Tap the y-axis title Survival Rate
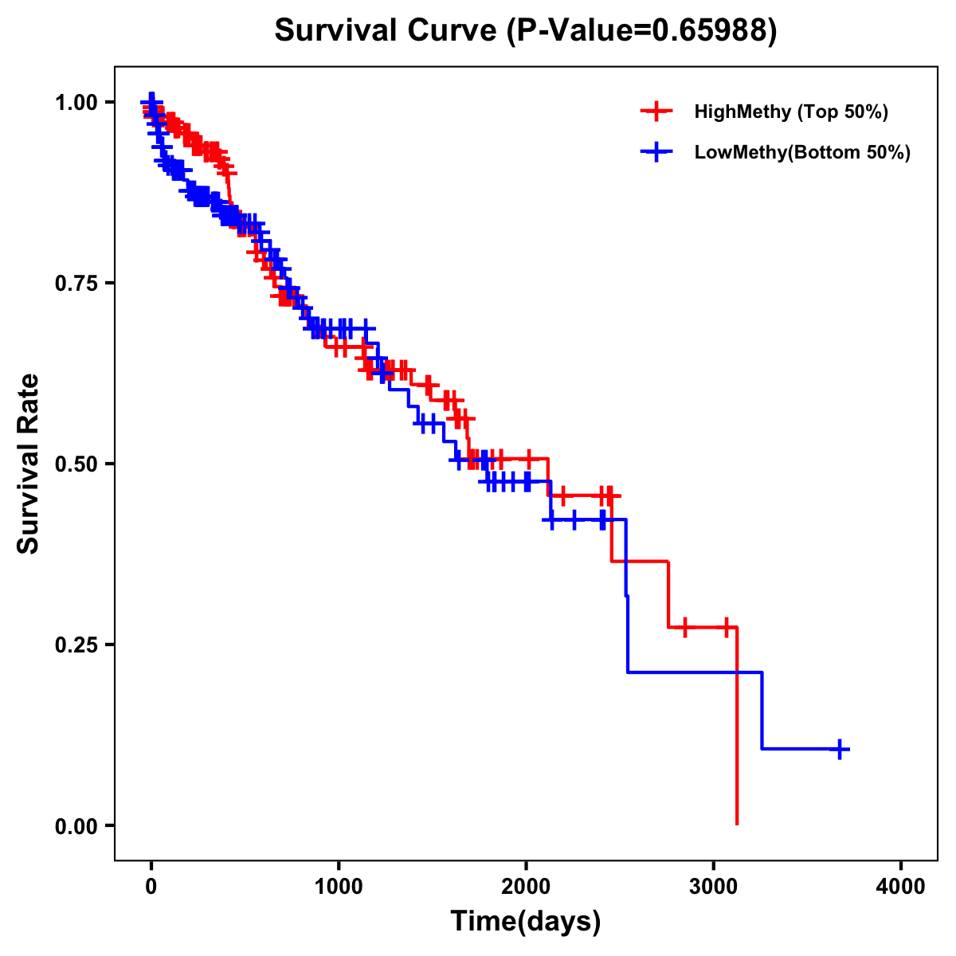pyautogui.click(x=29, y=463)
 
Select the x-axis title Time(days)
pyautogui.click(x=525, y=921)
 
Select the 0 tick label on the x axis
pyautogui.click(x=151, y=887)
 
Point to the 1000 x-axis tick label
pyautogui.click(x=339, y=887)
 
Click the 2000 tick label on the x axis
pyautogui.click(x=526, y=887)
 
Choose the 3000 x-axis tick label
pyautogui.click(x=714, y=887)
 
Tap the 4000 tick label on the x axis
pyautogui.click(x=901, y=887)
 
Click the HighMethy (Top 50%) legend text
pyautogui.click(x=790, y=112)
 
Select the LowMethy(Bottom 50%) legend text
pyautogui.click(x=802, y=152)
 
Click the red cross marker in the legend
pyautogui.click(x=656, y=112)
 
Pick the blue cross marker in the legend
pyautogui.click(x=656, y=152)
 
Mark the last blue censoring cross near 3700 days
pyautogui.click(x=840, y=749)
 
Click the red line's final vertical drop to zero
pyautogui.click(x=737, y=725)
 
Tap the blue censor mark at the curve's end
pyautogui.click(x=840, y=749)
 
